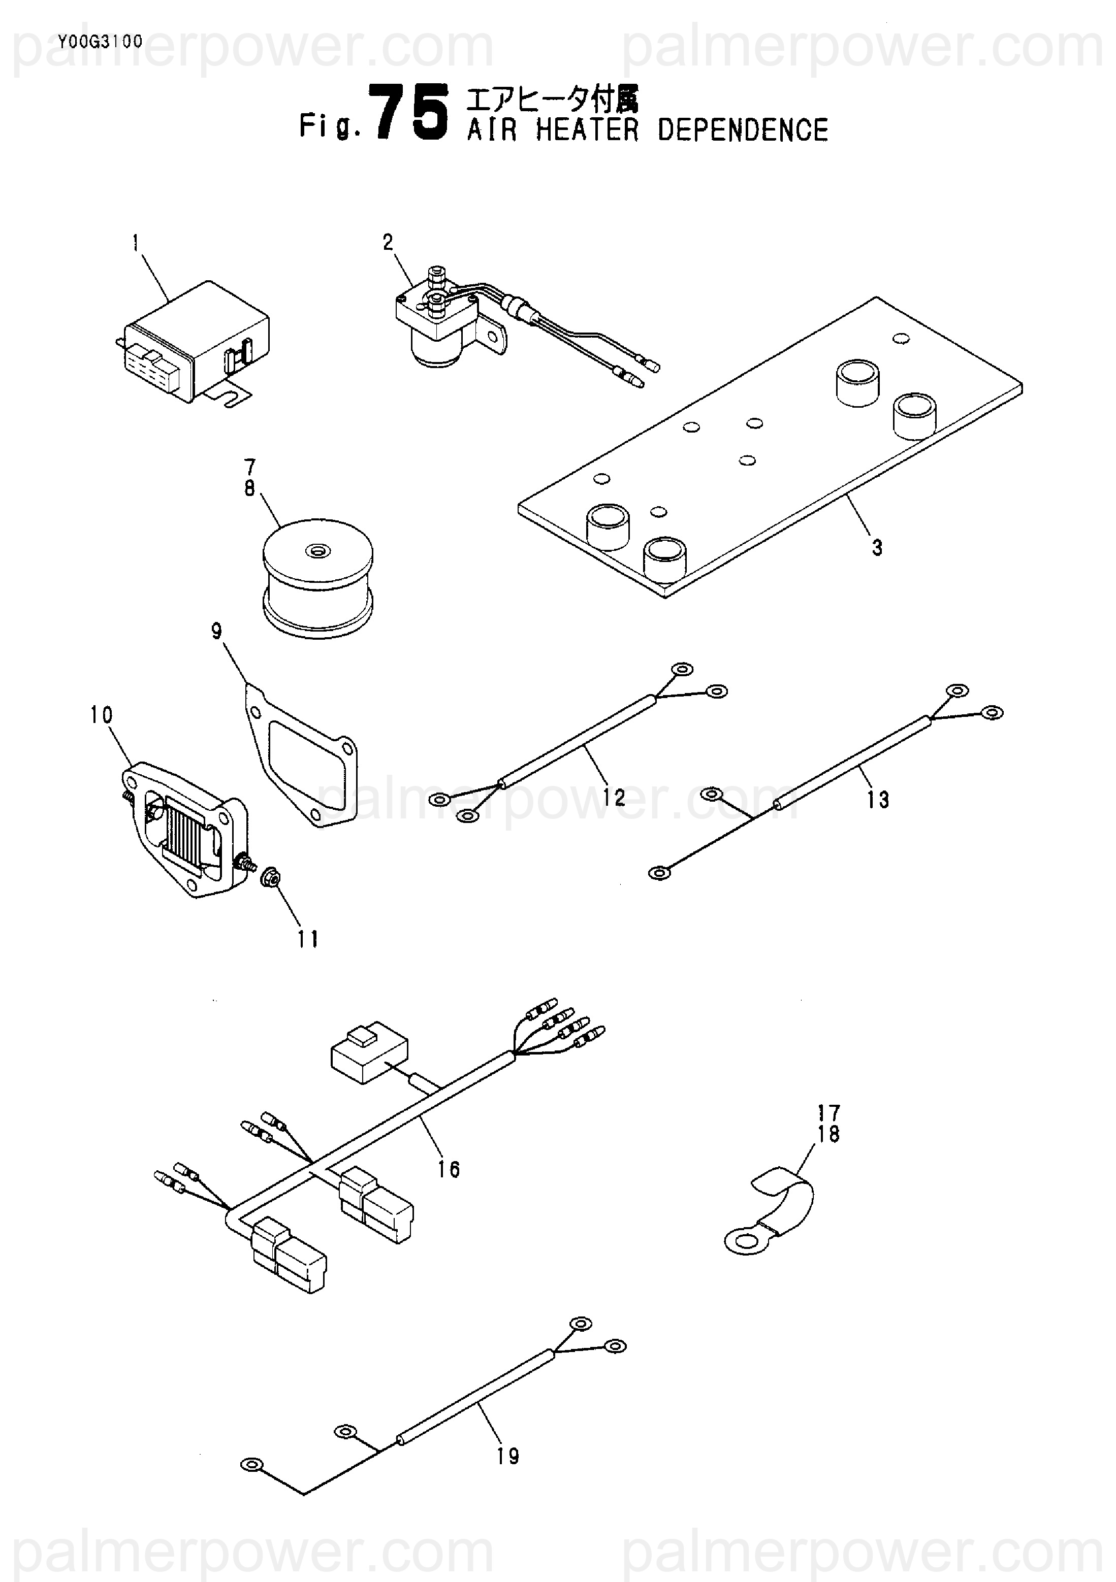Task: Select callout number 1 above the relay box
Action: click(x=136, y=243)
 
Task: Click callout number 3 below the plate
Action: click(x=877, y=548)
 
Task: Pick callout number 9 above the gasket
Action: click(x=217, y=631)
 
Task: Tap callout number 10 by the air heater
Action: click(x=101, y=715)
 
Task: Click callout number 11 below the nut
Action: click(x=308, y=939)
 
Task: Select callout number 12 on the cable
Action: click(x=614, y=798)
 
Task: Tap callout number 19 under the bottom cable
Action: click(x=508, y=1457)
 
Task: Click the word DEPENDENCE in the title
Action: click(x=743, y=130)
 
